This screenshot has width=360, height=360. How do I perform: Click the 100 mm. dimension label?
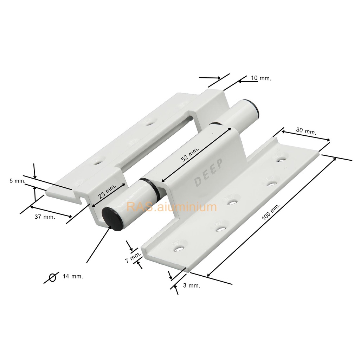pyautogui.click(x=271, y=212)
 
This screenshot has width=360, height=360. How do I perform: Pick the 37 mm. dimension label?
pyautogui.click(x=45, y=217)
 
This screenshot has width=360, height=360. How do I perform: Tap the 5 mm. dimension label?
pyautogui.click(x=18, y=181)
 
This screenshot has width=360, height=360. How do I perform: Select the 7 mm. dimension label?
pyautogui.click(x=133, y=257)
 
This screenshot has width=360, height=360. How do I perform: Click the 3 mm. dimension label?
pyautogui.click(x=192, y=285)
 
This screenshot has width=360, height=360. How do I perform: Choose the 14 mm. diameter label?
pyautogui.click(x=73, y=276)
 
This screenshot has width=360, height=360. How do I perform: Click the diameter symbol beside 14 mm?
pyautogui.click(x=53, y=277)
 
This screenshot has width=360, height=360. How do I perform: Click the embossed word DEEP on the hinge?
pyautogui.click(x=208, y=172)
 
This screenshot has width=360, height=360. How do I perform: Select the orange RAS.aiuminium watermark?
pyautogui.click(x=172, y=207)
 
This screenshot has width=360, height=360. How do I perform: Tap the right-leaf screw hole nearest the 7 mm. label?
pyautogui.click(x=180, y=249)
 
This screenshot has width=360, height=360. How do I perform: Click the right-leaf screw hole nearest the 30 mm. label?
pyautogui.click(x=280, y=159)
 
